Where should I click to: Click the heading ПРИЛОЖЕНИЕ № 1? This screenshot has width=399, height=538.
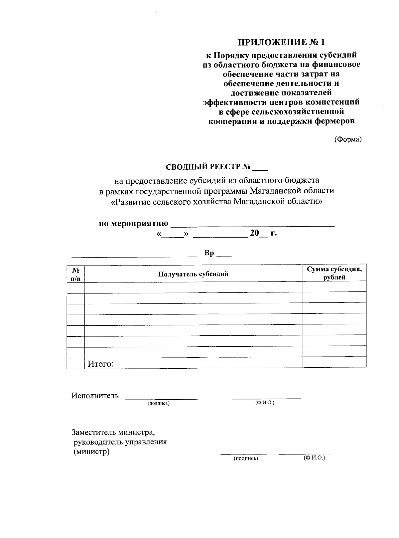click(x=281, y=42)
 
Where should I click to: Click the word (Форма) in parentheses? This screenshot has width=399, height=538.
click(x=348, y=140)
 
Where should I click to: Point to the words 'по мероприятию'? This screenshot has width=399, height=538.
click(x=133, y=223)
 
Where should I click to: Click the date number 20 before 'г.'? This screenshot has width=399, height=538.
click(x=254, y=233)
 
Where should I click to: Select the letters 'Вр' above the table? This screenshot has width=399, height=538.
click(x=209, y=253)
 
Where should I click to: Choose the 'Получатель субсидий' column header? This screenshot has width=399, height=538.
click(x=193, y=274)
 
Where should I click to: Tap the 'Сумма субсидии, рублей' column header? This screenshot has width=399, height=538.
click(x=334, y=273)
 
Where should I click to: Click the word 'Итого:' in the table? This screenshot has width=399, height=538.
click(x=101, y=364)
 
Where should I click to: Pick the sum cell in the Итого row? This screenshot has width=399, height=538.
click(x=334, y=363)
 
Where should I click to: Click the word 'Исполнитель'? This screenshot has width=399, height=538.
click(x=95, y=396)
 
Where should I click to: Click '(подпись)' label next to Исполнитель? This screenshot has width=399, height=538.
click(x=159, y=404)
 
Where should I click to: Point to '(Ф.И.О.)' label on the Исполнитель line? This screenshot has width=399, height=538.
click(x=265, y=403)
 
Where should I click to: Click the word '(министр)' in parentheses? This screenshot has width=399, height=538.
click(x=91, y=452)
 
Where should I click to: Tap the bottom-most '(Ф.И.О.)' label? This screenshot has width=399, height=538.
click(x=314, y=458)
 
